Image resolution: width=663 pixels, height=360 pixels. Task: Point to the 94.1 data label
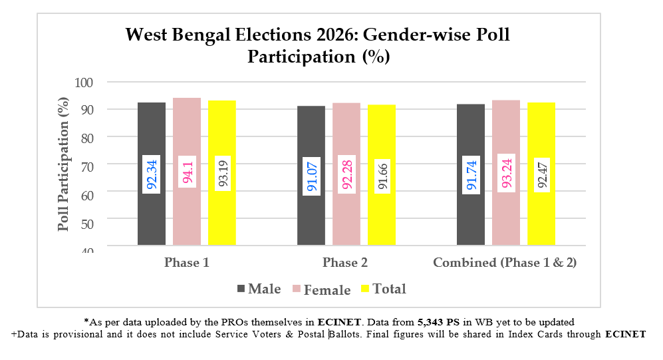pos(188,174)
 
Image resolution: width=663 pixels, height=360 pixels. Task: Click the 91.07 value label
pos(311,174)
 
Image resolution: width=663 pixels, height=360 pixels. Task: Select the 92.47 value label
pos(541,174)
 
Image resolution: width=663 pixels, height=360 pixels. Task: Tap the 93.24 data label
pos(506,174)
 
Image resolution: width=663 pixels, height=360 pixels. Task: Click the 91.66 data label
pos(382,174)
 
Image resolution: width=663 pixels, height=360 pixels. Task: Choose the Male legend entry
pos(259,289)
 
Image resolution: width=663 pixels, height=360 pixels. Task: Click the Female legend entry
pos(321,289)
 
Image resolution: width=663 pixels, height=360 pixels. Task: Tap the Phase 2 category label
pos(345,263)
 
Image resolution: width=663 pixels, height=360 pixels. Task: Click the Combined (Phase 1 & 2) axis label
pos(505,263)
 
